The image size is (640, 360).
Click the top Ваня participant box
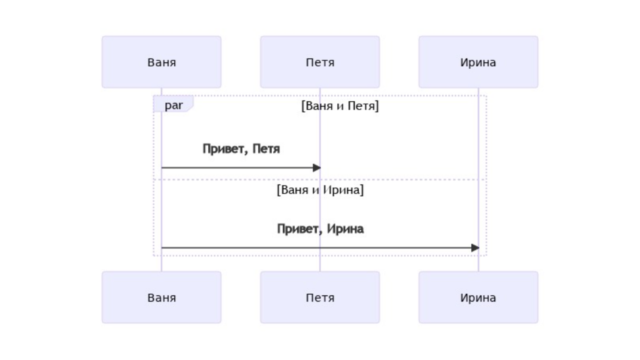161,62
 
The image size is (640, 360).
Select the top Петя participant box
320,62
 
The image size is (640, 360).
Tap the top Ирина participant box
478,62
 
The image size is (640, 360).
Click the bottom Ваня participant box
161,297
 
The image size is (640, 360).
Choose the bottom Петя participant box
320,297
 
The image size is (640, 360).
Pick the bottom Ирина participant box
478,297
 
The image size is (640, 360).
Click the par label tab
173,105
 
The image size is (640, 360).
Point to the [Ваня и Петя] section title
340,106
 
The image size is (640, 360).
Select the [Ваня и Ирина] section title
320,190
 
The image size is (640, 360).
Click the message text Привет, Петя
241,149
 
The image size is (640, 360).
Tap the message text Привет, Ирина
320,229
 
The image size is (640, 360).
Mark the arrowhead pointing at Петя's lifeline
316,168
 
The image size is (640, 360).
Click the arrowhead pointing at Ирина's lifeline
475,248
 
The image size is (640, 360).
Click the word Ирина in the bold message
345,229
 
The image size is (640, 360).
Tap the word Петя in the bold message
266,149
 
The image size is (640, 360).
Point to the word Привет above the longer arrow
298,229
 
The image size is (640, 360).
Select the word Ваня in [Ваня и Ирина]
293,190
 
